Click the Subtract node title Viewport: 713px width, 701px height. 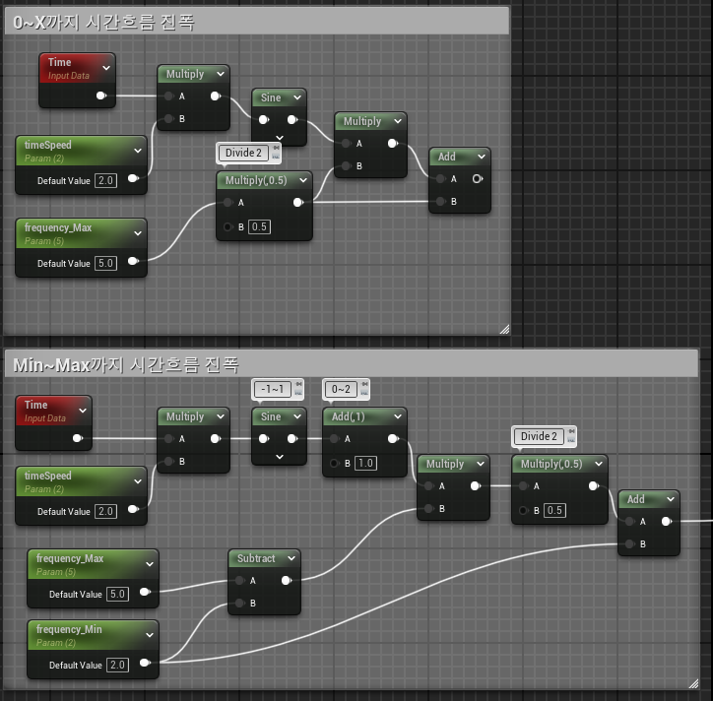click(x=256, y=558)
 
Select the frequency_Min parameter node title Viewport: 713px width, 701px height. click(x=69, y=629)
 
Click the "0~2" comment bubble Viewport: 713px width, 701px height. click(x=340, y=389)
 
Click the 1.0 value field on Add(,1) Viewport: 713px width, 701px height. click(x=365, y=463)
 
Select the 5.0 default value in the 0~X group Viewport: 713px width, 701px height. click(x=107, y=264)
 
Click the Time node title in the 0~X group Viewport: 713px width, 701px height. click(x=60, y=62)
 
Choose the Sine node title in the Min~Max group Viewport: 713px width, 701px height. click(x=270, y=416)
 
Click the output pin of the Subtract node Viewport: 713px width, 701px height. click(x=287, y=581)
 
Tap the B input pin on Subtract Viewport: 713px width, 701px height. click(x=239, y=603)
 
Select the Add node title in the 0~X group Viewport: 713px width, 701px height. click(x=447, y=157)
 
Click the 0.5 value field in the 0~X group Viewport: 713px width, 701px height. click(x=259, y=227)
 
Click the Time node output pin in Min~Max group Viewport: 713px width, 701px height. click(x=77, y=438)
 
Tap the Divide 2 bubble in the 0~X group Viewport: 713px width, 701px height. click(x=244, y=153)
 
